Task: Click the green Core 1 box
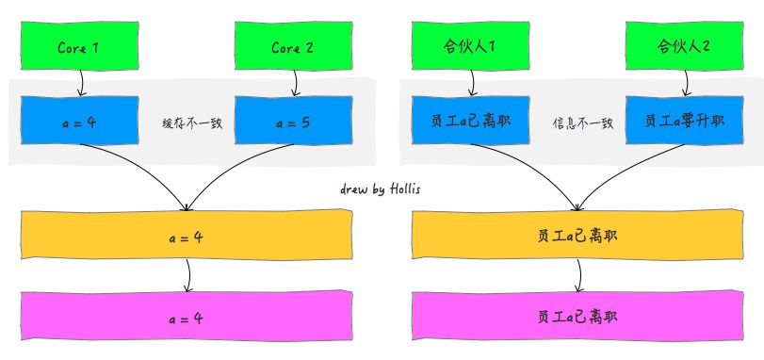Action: pyautogui.click(x=79, y=47)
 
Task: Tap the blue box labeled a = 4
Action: pyautogui.click(x=80, y=121)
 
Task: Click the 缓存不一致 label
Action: pyautogui.click(x=191, y=123)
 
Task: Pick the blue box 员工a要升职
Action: pyautogui.click(x=685, y=122)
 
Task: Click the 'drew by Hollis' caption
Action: pyautogui.click(x=380, y=189)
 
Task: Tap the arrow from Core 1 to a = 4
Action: pyautogui.click(x=81, y=85)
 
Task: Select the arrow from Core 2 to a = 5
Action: pyautogui.click(x=295, y=85)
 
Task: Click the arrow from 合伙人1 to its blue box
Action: pyautogui.click(x=472, y=85)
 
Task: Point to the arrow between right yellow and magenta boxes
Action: pyautogui.click(x=577, y=275)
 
